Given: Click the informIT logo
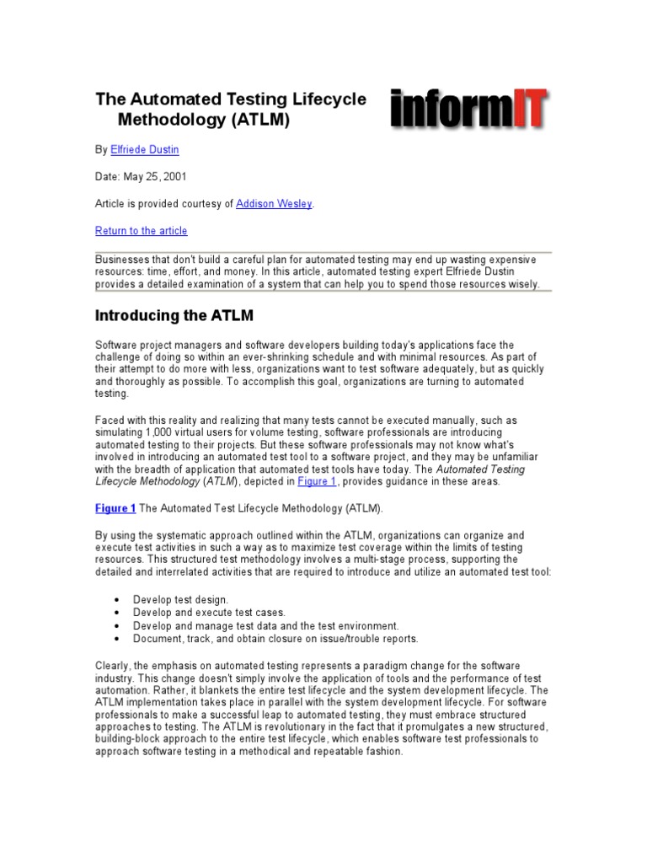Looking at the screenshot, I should coord(468,110).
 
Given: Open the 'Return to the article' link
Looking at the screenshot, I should coord(142,231).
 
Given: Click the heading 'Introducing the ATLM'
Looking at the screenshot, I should coord(174,316).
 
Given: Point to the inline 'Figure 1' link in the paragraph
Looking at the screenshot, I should coord(317,481).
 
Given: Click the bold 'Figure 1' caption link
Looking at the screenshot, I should coord(115,508).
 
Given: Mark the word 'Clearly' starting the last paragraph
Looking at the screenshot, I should coord(113,666).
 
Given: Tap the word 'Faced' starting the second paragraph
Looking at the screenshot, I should coord(110,420).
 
